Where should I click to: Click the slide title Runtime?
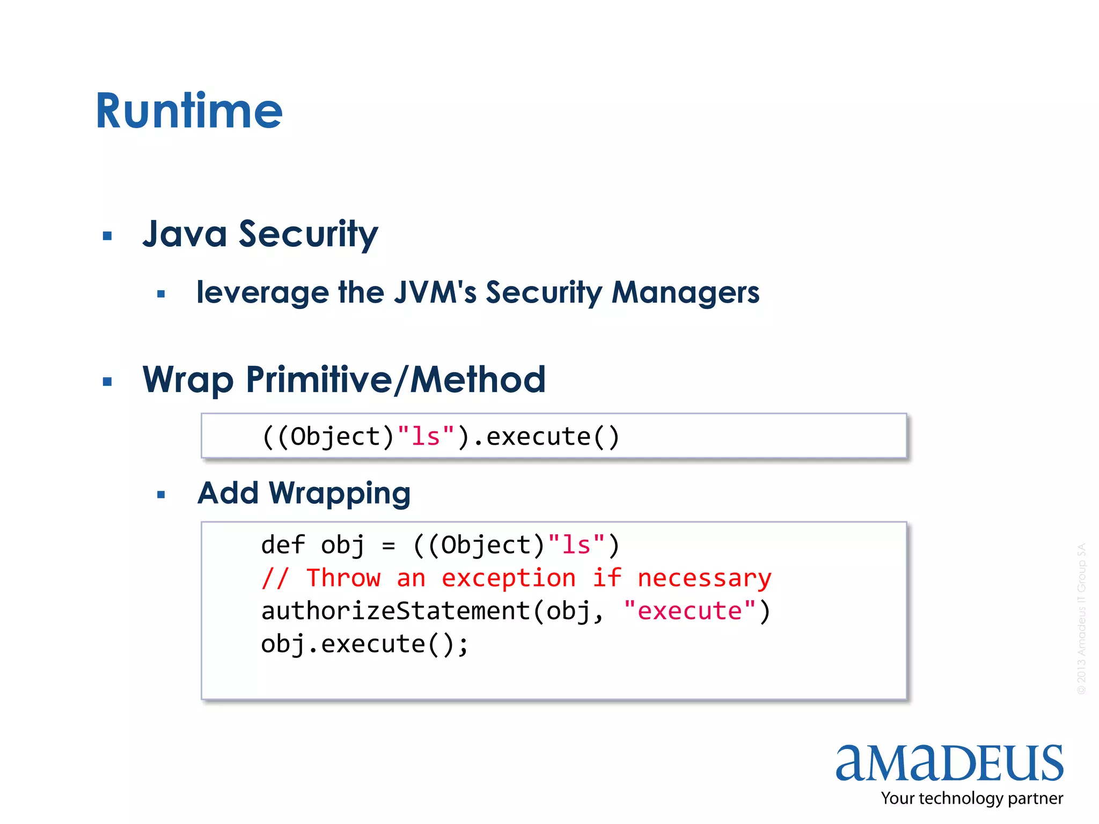(x=189, y=111)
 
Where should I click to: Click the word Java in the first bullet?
(x=185, y=234)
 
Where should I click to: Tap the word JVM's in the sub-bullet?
(x=435, y=292)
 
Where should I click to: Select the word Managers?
(x=685, y=292)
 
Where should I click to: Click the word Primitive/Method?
(x=395, y=379)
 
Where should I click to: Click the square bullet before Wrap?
(x=107, y=381)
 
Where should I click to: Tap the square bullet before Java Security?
(x=107, y=236)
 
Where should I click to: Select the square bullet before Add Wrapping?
(x=161, y=495)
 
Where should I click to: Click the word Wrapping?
(x=339, y=494)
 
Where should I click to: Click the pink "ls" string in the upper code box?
(x=426, y=436)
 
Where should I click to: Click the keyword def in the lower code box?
(x=283, y=545)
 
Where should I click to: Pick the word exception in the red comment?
(x=508, y=578)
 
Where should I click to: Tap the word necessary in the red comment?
(x=704, y=578)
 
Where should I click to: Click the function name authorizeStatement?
(x=395, y=611)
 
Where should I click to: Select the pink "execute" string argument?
(x=690, y=611)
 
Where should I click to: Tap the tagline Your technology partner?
(x=971, y=798)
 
